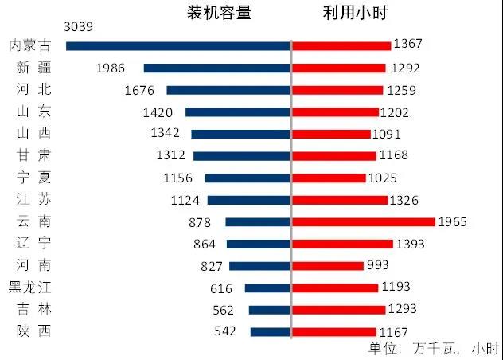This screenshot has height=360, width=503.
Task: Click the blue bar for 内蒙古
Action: [178, 46]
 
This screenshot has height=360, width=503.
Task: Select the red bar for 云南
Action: [364, 221]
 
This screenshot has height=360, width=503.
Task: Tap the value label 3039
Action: [79, 27]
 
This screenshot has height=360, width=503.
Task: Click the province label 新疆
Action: [33, 68]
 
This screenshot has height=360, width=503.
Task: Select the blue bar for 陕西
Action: [271, 331]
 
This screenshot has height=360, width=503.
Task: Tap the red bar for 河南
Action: [328, 265]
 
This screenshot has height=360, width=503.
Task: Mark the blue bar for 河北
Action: [228, 90]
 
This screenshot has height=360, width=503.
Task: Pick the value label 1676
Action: [145, 90]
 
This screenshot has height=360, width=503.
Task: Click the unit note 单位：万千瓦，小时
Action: [434, 348]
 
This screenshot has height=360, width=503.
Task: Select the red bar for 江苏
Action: [340, 200]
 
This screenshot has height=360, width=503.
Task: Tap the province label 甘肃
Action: [33, 156]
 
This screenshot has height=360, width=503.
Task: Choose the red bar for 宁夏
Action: [329, 178]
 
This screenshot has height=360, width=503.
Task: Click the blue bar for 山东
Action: [238, 112]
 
